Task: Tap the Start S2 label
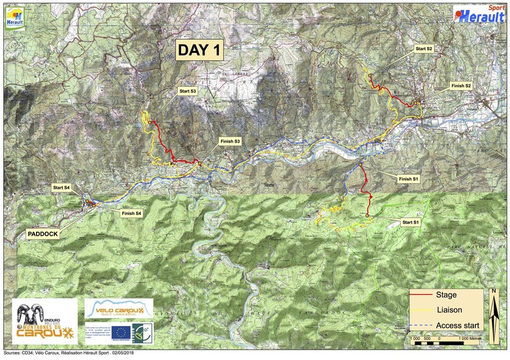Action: (x=424, y=49)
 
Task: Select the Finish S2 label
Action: (x=461, y=86)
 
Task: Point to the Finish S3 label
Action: (x=230, y=141)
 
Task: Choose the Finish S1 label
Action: (x=408, y=178)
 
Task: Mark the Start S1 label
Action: (x=411, y=223)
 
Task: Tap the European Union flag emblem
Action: (x=120, y=332)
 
